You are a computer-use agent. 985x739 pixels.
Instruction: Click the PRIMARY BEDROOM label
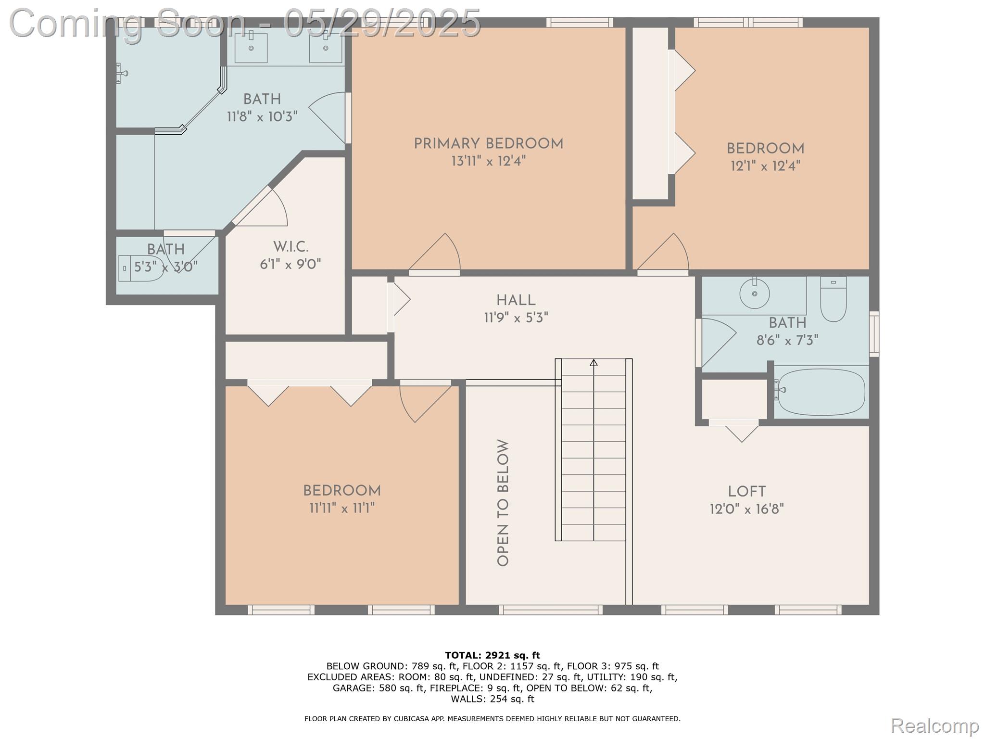pos(488,144)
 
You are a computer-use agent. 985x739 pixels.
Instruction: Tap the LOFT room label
pos(746,492)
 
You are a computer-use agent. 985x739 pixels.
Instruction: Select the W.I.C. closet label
pos(290,247)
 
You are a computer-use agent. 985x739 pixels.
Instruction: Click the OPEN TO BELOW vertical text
pos(503,503)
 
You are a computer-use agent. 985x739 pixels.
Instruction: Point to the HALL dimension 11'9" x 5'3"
pos(516,318)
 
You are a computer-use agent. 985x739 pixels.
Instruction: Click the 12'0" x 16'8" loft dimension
pos(746,509)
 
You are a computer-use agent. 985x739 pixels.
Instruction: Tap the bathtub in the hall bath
pos(821,392)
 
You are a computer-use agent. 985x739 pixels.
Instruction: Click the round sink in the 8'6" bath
pos(754,293)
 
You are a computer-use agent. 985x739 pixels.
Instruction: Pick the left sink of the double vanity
pos(251,48)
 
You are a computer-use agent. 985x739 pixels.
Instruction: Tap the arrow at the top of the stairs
pos(594,363)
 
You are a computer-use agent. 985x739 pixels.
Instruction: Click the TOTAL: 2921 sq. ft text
pos(492,655)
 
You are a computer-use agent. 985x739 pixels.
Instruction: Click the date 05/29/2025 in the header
pos(382,23)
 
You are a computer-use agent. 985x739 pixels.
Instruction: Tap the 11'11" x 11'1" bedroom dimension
pos(341,508)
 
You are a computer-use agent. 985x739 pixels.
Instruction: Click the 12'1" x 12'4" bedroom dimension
pos(765,166)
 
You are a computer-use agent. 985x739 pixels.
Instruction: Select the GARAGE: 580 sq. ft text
pos(378,688)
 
